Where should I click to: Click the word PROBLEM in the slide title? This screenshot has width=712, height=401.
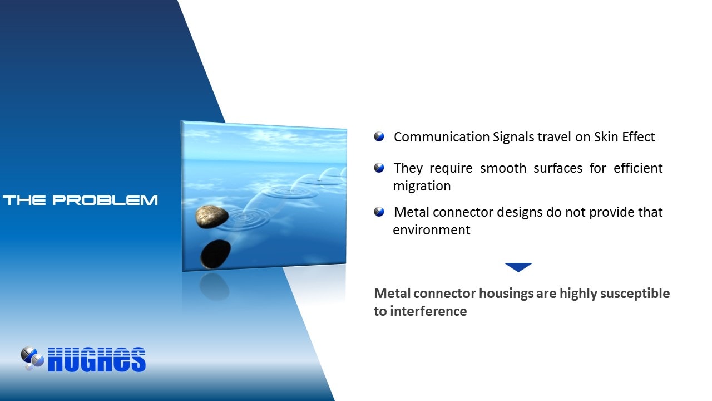pos(105,200)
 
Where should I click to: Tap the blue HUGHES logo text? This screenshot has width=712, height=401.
pos(97,360)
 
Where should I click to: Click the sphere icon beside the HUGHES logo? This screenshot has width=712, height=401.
pos(32,358)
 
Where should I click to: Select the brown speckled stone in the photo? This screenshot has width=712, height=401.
pos(212,217)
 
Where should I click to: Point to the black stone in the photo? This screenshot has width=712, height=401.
pos(215,254)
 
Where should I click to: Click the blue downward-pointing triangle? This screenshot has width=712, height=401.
pos(518,267)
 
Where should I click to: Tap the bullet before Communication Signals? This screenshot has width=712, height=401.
pos(379,136)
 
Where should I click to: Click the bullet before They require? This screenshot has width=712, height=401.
pos(379,168)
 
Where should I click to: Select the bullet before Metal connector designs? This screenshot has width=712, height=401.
pos(379,212)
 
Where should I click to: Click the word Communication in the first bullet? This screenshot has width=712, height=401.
pos(442,137)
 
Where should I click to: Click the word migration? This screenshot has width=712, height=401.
pos(422,186)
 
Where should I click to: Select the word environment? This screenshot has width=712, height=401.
pos(431,230)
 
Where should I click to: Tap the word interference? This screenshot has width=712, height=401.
pos(428,311)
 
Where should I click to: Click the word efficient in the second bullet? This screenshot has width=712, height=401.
pos(638,168)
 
